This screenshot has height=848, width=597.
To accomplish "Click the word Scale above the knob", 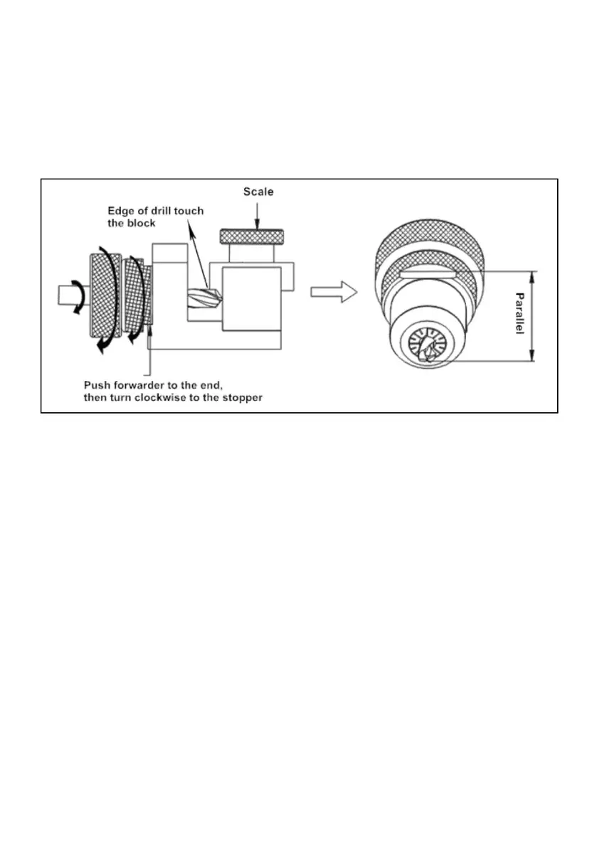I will [258, 192].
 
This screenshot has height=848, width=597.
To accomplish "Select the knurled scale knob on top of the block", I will [253, 236].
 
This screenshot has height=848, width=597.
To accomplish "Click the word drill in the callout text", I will [159, 211].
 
